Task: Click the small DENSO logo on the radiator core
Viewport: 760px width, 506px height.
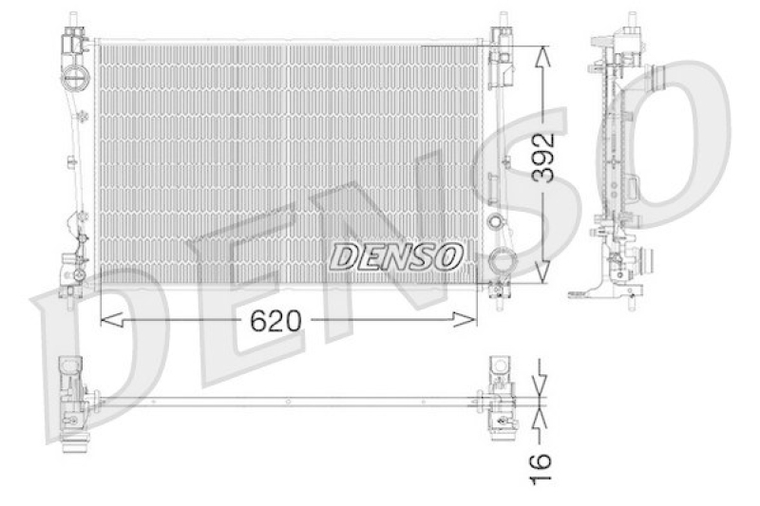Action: point(397,254)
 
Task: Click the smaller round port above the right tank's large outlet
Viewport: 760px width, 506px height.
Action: point(494,223)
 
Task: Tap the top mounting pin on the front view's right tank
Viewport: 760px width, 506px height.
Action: point(501,18)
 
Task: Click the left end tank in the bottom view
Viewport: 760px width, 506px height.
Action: point(74,399)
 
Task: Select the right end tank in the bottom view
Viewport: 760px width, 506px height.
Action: point(499,399)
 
